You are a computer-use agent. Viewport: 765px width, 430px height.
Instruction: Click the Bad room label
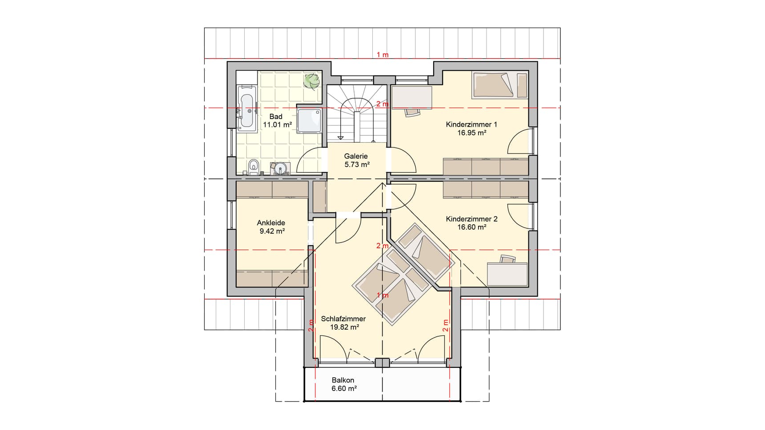(276, 117)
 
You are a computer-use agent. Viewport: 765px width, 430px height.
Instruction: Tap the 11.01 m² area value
(277, 125)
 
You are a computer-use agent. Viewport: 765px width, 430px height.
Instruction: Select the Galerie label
(356, 156)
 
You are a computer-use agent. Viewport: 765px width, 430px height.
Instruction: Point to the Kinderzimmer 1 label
(471, 124)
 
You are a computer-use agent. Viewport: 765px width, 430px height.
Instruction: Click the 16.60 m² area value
(471, 227)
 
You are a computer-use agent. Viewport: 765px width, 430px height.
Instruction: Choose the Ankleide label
(271, 223)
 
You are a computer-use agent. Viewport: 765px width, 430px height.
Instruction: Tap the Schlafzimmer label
(343, 319)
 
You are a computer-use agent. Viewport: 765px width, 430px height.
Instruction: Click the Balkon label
(343, 380)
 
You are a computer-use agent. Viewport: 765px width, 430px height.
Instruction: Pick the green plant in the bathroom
(312, 81)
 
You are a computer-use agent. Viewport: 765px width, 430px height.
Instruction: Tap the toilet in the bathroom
(254, 166)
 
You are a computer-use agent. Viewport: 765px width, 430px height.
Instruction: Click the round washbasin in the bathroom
(280, 168)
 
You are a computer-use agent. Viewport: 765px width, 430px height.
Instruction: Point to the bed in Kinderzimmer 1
(499, 85)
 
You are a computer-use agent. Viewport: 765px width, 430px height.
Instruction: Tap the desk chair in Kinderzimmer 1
(412, 112)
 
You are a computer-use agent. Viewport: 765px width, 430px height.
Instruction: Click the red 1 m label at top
(382, 55)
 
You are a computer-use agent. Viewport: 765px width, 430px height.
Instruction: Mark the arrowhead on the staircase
(341, 137)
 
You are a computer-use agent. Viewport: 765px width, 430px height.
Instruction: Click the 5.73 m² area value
(357, 164)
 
